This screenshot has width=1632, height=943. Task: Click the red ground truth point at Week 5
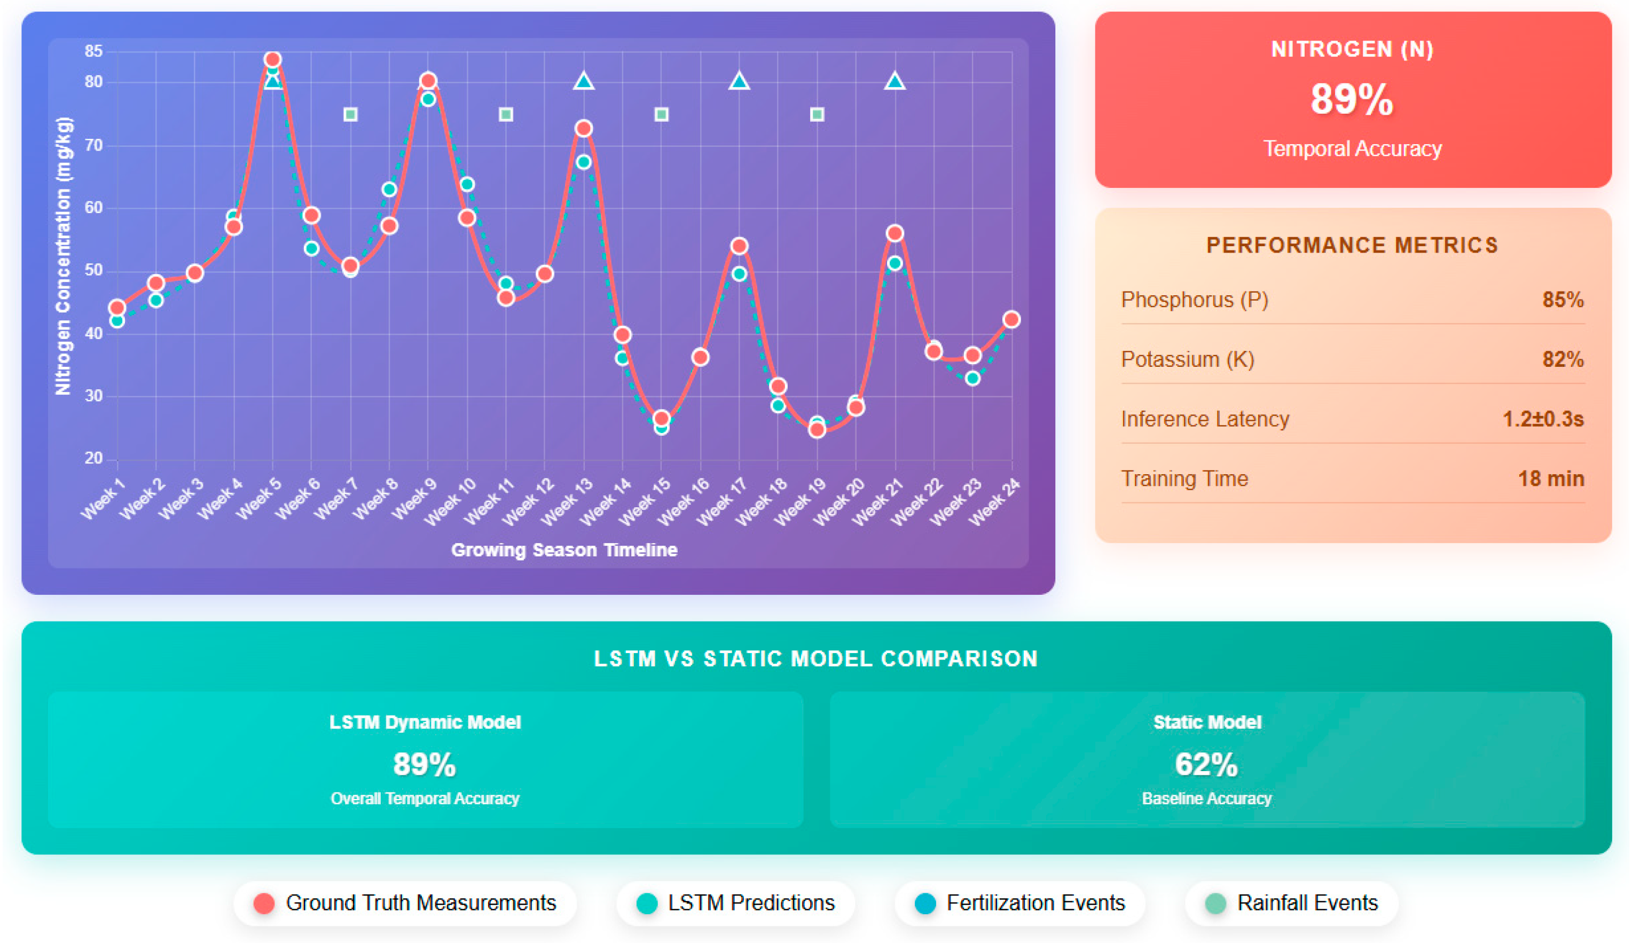(273, 60)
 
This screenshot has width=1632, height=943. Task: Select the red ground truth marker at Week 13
(584, 128)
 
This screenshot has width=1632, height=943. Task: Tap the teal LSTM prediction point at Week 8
(389, 189)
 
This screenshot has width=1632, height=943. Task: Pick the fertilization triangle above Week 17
(739, 82)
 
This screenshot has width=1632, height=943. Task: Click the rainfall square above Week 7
(350, 115)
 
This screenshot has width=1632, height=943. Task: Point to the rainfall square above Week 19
(817, 115)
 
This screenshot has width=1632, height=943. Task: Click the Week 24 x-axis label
(995, 501)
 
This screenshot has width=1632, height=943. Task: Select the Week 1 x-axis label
(103, 499)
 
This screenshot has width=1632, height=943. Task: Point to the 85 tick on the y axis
(94, 51)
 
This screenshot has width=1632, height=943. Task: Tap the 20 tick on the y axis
(94, 459)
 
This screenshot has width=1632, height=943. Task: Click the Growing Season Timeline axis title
(563, 550)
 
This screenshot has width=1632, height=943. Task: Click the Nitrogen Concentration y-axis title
(63, 256)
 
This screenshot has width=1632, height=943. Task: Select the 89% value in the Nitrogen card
(1352, 100)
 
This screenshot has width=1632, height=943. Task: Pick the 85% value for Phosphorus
(1562, 300)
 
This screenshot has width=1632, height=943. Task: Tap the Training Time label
(1184, 478)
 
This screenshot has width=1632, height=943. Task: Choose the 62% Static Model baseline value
(1206, 764)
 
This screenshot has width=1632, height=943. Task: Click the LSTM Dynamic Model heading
(425, 722)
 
